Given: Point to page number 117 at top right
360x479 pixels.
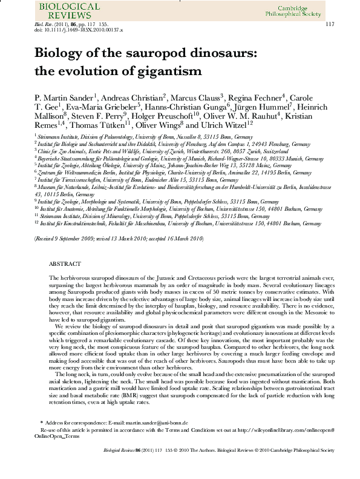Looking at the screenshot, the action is [330, 24].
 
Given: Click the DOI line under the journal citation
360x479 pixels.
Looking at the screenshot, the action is [79, 29].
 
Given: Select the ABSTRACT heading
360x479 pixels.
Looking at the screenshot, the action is [64, 265].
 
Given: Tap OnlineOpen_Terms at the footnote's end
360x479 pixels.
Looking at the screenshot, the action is [58, 435].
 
